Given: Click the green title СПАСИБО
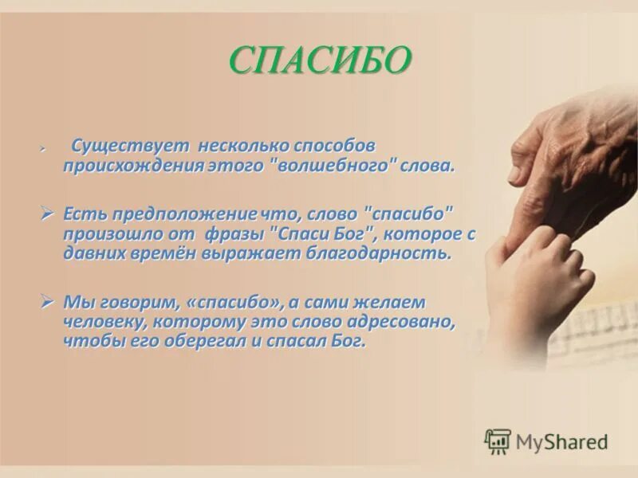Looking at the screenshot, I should click(321, 60).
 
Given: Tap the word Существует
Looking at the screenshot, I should click(130, 147).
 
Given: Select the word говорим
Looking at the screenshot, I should click(137, 303).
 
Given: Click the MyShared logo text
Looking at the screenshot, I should click(561, 441).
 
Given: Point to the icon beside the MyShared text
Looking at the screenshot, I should click(498, 441).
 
